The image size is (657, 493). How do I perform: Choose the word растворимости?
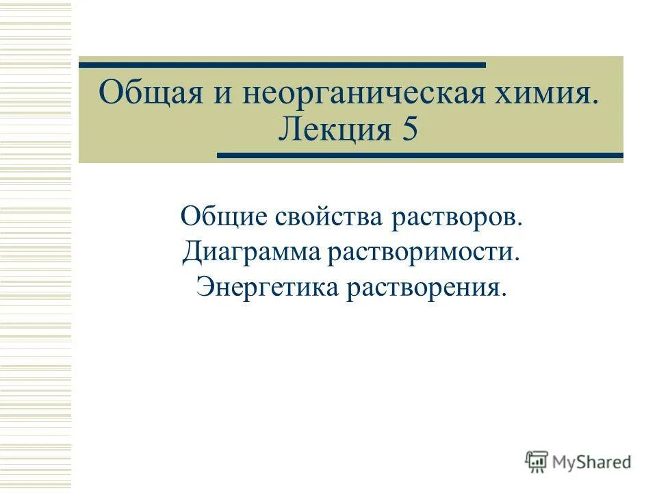pyautogui.click(x=420, y=253)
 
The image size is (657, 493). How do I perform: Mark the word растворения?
pyautogui.click(x=424, y=287)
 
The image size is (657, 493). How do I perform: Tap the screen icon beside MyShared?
pyautogui.click(x=537, y=462)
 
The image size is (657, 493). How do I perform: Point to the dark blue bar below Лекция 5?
pyautogui.click(x=420, y=155)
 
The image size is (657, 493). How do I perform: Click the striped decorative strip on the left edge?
pyautogui.click(x=36, y=246)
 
